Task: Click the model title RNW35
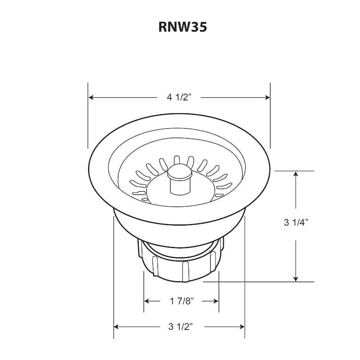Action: pyautogui.click(x=182, y=27)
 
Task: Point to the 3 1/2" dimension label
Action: pyautogui.click(x=179, y=326)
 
